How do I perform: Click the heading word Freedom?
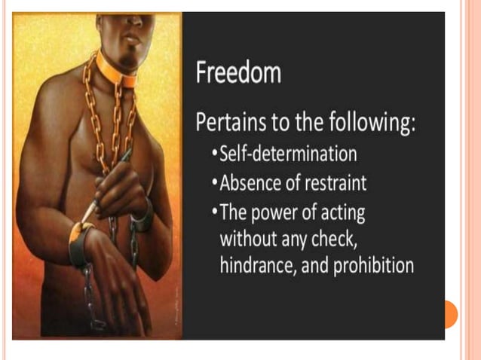(x=238, y=74)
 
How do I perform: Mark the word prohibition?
(x=369, y=266)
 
